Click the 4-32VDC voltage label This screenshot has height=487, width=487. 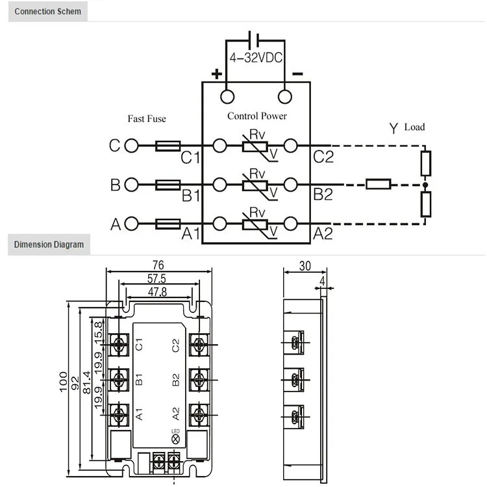pos(255,58)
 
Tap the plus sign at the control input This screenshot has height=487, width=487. pos(216,73)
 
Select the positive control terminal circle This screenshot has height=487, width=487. pos(227,97)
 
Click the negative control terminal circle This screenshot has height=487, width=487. pos(284,97)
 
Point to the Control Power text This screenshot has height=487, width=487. pos(256,116)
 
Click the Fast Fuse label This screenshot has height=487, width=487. pos(147,119)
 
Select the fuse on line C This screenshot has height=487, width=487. pos(168,146)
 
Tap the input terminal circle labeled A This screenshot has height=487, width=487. pos(132,224)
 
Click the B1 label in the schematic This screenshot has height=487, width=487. pos(190,195)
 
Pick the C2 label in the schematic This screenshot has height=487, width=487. pos(323,156)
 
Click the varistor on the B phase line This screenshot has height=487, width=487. pos(256,185)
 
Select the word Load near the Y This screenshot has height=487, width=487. pos(414,127)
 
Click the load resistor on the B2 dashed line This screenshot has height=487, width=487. pos(378,185)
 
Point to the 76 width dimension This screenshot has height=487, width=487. pos(158,265)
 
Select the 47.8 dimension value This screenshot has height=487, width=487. pos(157,292)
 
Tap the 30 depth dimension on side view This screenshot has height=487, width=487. pos(306,266)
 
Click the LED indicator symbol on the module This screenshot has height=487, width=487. pos(175,440)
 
